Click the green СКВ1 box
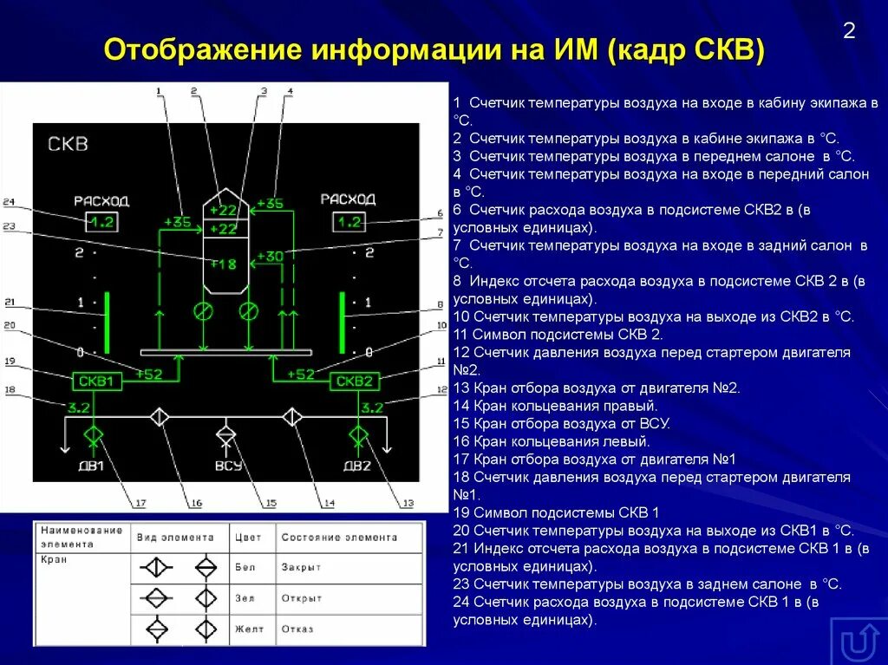click(x=97, y=381)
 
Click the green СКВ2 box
click(x=354, y=381)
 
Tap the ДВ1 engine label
click(x=92, y=466)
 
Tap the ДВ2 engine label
click(x=357, y=466)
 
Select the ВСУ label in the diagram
click(x=227, y=466)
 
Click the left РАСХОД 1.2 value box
click(x=101, y=222)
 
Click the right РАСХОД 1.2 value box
click(x=349, y=222)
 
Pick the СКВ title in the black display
click(x=68, y=144)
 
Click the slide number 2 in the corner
click(x=849, y=31)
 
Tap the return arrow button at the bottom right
click(x=858, y=642)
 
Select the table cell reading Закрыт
click(x=301, y=567)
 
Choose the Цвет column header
click(x=248, y=538)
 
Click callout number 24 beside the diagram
click(x=9, y=202)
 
